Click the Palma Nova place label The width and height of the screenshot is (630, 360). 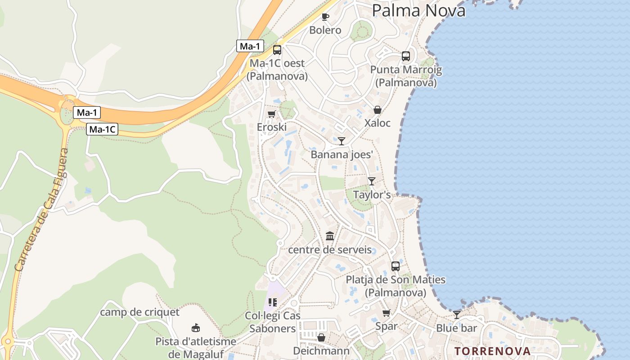(418, 10)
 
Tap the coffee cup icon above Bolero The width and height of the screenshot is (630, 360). (325, 17)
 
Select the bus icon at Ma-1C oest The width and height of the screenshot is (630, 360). (277, 50)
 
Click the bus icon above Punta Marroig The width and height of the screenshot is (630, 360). (406, 56)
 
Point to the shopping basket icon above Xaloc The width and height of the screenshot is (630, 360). (378, 110)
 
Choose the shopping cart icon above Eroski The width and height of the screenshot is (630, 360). (271, 114)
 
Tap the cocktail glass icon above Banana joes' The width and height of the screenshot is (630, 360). (342, 141)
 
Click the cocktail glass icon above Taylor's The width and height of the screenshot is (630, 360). (371, 181)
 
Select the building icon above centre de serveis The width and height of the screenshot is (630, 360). (330, 236)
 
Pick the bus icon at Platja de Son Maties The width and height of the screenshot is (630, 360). (396, 266)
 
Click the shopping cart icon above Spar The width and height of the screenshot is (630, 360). (386, 313)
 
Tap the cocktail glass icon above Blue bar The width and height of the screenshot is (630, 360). (457, 315)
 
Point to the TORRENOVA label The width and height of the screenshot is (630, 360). (492, 351)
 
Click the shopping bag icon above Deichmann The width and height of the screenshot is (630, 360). (321, 337)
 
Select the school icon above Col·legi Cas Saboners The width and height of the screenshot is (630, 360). (272, 302)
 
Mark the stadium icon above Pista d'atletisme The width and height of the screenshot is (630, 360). (196, 328)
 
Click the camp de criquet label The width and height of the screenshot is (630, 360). (139, 312)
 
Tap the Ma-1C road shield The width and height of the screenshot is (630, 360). (102, 130)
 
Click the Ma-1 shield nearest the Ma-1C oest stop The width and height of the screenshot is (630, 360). (250, 46)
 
